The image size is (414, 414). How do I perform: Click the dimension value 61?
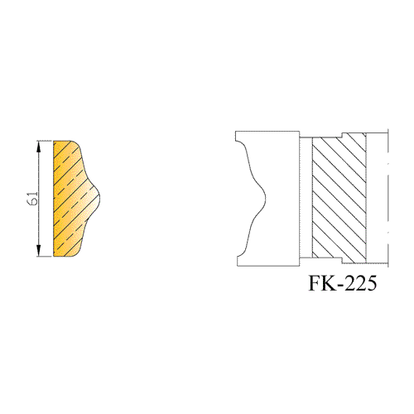[33, 199]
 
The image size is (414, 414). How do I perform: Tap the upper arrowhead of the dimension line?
[39, 147]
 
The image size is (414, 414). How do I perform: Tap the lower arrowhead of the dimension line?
[39, 250]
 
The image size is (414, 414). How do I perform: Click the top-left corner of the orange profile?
[54, 141]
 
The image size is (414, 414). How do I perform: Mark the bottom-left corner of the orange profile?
[54, 257]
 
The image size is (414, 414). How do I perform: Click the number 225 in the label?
[360, 283]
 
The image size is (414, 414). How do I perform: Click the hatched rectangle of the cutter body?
[339, 199]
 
